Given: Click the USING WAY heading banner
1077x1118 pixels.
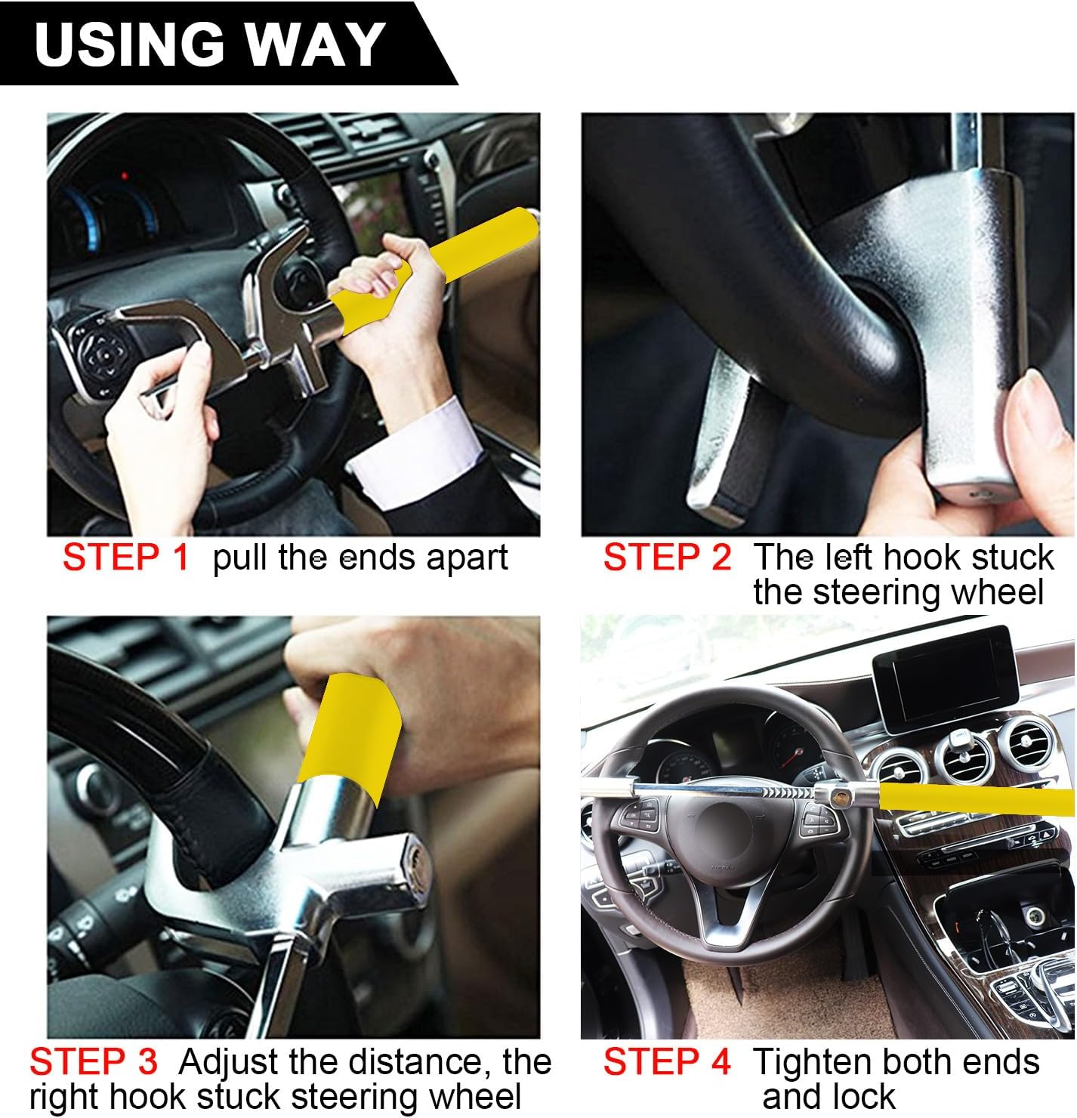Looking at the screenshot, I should point(211,44).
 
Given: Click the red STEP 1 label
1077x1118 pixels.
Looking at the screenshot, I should point(125,558).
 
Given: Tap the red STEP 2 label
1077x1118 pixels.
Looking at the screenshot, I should point(667,558).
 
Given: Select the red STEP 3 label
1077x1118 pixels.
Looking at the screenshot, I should point(94,1062).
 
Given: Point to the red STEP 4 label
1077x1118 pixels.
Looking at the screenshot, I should point(667,1062).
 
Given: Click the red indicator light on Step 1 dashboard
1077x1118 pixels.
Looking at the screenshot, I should point(124,177).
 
